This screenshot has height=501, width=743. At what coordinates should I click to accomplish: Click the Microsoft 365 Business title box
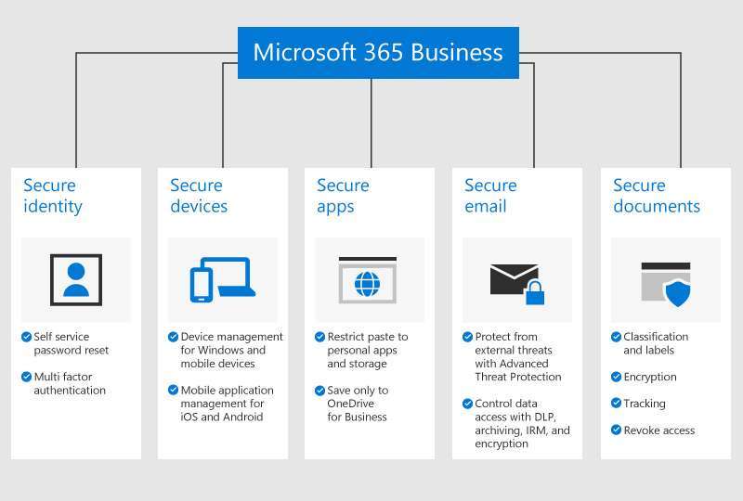tap(378, 52)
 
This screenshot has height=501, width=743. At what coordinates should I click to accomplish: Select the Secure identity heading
tap(53, 196)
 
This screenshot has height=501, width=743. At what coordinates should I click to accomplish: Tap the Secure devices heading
tap(199, 196)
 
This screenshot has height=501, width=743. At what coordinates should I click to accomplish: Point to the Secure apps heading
tap(343, 196)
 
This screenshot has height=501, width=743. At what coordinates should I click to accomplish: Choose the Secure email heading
tap(490, 196)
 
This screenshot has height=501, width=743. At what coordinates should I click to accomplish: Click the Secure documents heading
tap(657, 196)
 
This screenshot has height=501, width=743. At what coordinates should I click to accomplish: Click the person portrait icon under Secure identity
tap(76, 279)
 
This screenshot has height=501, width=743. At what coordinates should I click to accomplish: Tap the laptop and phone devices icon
tap(222, 279)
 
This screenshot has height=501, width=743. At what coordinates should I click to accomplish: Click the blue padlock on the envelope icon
tap(534, 294)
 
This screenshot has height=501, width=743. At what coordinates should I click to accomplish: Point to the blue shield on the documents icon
tap(678, 293)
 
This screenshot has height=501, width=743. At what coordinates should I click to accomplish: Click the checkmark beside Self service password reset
tap(26, 338)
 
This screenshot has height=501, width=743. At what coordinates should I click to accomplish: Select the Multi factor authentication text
tap(70, 384)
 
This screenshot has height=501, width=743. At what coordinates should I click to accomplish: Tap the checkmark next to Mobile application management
tap(173, 391)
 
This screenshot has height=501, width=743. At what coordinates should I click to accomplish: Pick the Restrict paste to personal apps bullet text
tap(367, 351)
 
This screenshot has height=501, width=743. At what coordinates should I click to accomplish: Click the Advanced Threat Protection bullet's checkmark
tap(467, 338)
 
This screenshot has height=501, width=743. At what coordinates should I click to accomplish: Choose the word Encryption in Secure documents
tap(650, 378)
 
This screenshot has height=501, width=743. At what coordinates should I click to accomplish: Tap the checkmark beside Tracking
tap(616, 404)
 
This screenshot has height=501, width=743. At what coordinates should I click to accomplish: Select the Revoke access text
tap(658, 430)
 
